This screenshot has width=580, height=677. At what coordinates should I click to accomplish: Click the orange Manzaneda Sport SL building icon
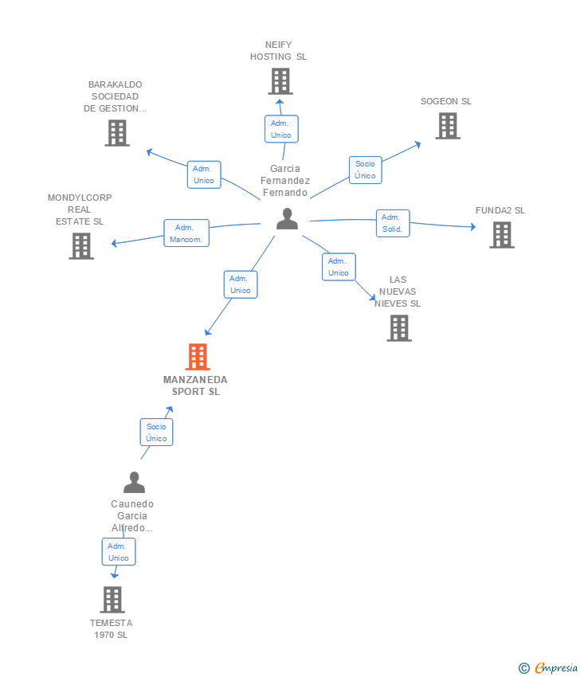pyautogui.click(x=198, y=357)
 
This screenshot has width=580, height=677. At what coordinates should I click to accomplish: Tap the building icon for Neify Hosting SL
pyautogui.click(x=280, y=81)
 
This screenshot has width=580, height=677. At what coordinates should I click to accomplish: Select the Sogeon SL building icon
pyautogui.click(x=448, y=126)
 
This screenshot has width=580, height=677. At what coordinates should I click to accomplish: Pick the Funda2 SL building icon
pyautogui.click(x=502, y=235)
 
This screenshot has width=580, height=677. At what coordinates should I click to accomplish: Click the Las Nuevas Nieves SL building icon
pyautogui.click(x=399, y=327)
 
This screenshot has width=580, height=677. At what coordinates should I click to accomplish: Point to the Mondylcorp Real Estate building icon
pyautogui.click(x=81, y=245)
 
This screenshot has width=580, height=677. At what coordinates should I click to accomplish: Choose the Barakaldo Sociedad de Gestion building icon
pyautogui.click(x=117, y=132)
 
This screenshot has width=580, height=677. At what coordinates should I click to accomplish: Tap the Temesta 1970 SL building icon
pyautogui.click(x=112, y=599)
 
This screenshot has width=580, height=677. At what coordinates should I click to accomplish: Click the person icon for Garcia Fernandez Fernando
pyautogui.click(x=287, y=218)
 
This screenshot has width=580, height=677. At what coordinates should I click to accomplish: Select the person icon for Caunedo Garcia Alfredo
pyautogui.click(x=135, y=483)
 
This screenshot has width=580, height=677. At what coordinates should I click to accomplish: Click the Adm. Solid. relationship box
pyautogui.click(x=393, y=223)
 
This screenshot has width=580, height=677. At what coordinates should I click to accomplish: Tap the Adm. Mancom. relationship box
pyautogui.click(x=186, y=233)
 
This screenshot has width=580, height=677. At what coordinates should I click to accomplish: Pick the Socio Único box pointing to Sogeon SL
pyautogui.click(x=366, y=170)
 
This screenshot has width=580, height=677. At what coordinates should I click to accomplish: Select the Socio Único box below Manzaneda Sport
pyautogui.click(x=156, y=432)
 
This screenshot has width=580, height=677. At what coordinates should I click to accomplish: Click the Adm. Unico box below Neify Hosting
pyautogui.click(x=281, y=129)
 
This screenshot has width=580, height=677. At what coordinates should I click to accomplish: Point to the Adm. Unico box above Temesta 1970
pyautogui.click(x=119, y=552)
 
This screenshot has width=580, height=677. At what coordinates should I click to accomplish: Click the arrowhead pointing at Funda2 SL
pyautogui.click(x=472, y=227)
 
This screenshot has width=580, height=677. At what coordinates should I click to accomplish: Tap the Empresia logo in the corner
pyautogui.click(x=549, y=667)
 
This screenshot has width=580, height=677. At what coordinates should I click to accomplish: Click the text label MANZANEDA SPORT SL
pyautogui.click(x=195, y=385)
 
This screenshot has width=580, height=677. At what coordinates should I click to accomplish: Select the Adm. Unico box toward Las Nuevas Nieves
pyautogui.click(x=339, y=267)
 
